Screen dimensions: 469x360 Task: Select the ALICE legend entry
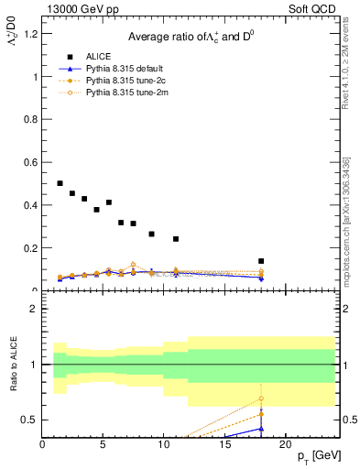coord(95,55)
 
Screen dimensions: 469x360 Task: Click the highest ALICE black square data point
coord(60,183)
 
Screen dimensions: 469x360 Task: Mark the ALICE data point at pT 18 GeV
coord(261,261)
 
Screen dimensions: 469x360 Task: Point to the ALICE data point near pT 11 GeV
coord(176,239)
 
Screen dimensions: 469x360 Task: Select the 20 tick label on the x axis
coord(285,445)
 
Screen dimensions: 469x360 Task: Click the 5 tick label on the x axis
coord(103,445)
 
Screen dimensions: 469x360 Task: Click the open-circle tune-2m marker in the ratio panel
coord(261,398)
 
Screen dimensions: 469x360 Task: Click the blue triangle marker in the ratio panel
coord(261,428)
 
